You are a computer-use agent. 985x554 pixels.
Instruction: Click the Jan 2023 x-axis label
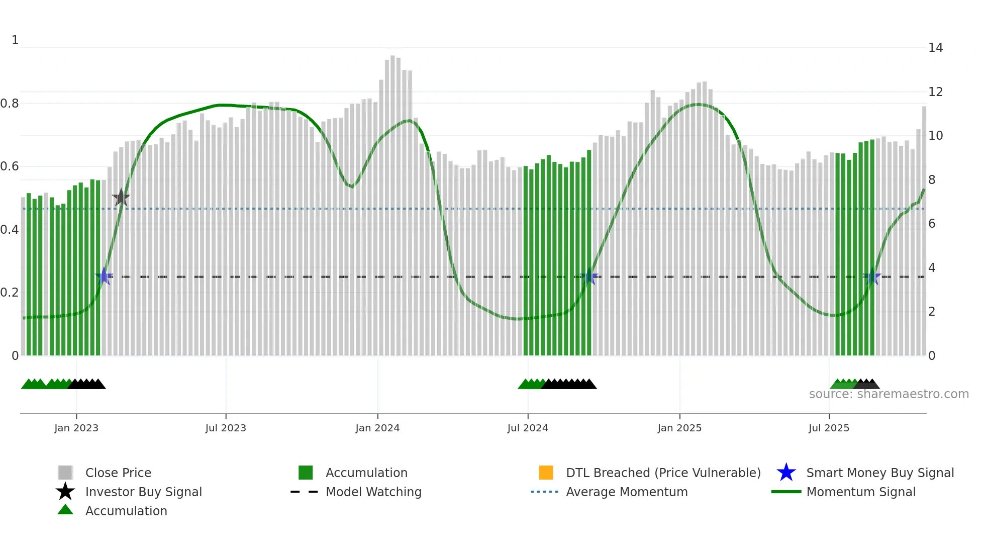pos(76,428)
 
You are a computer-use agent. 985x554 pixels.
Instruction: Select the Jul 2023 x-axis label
pos(226,428)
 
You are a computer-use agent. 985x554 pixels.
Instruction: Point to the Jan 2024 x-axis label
pos(377,428)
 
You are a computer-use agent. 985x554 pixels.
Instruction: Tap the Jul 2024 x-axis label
pos(528,428)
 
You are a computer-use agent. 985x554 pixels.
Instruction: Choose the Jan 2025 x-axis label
pos(679,428)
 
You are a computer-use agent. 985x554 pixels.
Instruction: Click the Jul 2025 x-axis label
pos(829,428)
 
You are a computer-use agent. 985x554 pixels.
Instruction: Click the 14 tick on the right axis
pos(935,48)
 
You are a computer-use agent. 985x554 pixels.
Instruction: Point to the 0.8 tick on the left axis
pos(10,104)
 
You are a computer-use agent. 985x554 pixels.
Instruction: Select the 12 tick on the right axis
pos(935,92)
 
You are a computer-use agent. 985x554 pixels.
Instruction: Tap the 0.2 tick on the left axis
pos(10,293)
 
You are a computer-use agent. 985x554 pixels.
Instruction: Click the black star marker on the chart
pos(121,198)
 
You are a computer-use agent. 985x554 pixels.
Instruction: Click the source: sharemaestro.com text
pos(889,394)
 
